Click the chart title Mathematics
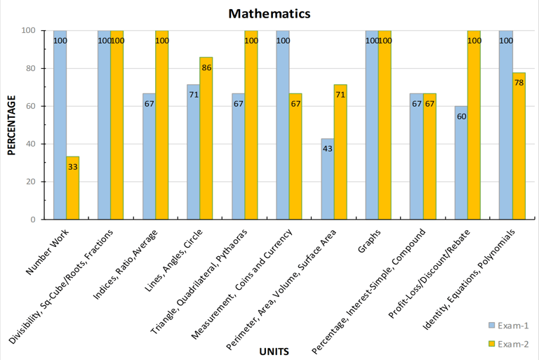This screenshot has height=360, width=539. point(269,13)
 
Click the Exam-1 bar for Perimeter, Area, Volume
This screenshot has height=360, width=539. point(328,179)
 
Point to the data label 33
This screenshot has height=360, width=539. point(72,166)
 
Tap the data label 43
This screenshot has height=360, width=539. point(328,148)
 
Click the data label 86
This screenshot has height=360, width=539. point(206,67)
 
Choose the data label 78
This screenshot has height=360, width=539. point(519,83)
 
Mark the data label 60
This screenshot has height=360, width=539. point(461,116)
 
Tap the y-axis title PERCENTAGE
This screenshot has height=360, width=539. point(12,125)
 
